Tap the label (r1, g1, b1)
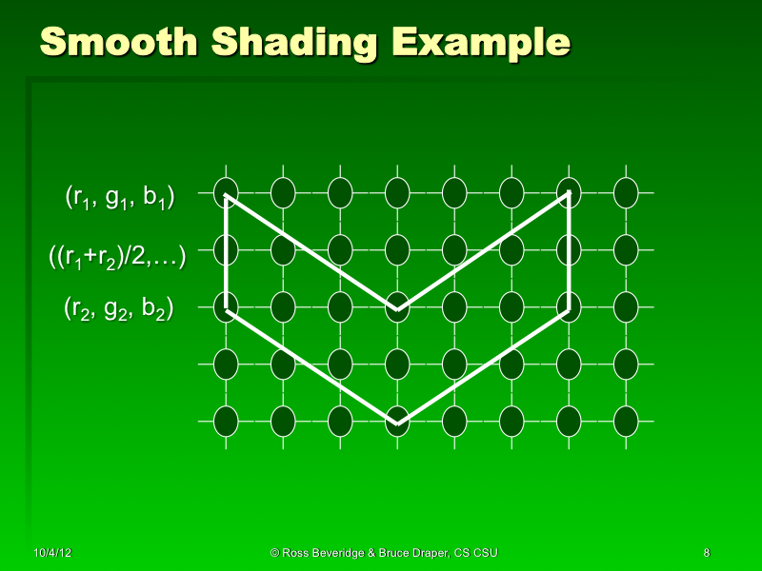(x=119, y=198)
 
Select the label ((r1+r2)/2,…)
(x=116, y=255)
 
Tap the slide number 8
(x=706, y=552)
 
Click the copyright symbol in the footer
(x=274, y=552)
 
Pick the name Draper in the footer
(x=426, y=552)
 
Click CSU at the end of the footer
(x=486, y=552)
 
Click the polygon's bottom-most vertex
(x=397, y=423)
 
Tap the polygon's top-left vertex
(x=226, y=194)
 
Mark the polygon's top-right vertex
(x=569, y=194)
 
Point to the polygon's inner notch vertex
(x=397, y=308)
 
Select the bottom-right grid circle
(x=626, y=421)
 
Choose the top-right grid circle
(x=626, y=193)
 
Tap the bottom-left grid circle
(x=226, y=421)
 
